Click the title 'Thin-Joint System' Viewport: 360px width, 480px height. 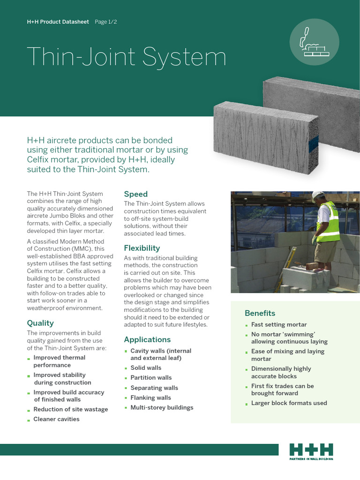pyautogui.click(x=127, y=57)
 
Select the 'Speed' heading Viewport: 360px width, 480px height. pyautogui.click(x=135, y=194)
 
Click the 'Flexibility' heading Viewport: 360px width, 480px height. pyautogui.click(x=142, y=248)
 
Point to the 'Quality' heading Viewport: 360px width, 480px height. pyautogui.click(x=40, y=323)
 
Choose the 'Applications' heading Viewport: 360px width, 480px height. pyautogui.click(x=147, y=339)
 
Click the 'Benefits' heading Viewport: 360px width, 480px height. pyautogui.click(x=260, y=313)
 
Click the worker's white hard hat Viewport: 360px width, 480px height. pyautogui.click(x=318, y=195)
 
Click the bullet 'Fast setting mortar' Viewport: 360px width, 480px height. pyautogui.click(x=279, y=324)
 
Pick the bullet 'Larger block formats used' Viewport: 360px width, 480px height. pyautogui.click(x=289, y=403)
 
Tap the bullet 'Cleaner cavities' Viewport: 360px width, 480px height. pyautogui.click(x=56, y=419)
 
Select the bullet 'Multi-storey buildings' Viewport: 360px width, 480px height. pyautogui.click(x=162, y=407)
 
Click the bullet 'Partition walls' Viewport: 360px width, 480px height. pyautogui.click(x=151, y=377)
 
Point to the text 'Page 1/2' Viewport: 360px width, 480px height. pyautogui.click(x=106, y=22)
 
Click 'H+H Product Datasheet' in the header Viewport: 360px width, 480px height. pyautogui.click(x=58, y=22)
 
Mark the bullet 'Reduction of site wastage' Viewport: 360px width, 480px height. pyautogui.click(x=70, y=409)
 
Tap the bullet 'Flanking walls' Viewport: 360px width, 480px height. pyautogui.click(x=150, y=397)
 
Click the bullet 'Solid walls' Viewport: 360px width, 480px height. pyautogui.click(x=145, y=368)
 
